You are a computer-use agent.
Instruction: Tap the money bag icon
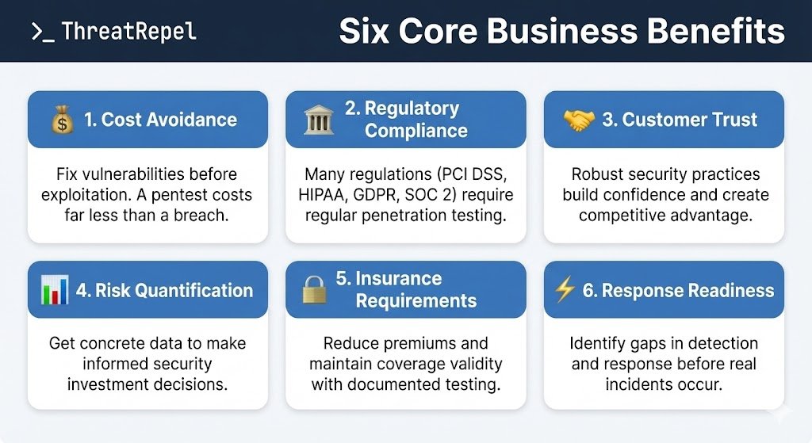(62, 120)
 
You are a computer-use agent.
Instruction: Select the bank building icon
(318, 120)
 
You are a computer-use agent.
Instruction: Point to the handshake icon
(578, 120)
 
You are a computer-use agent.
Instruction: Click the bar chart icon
(55, 290)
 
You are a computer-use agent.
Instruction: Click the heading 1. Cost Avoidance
(160, 120)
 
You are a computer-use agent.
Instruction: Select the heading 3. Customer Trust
(680, 120)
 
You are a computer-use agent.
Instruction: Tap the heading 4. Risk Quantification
(164, 290)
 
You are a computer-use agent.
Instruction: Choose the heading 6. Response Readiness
(679, 290)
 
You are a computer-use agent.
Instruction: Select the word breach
(201, 215)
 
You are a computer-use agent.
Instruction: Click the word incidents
(638, 384)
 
